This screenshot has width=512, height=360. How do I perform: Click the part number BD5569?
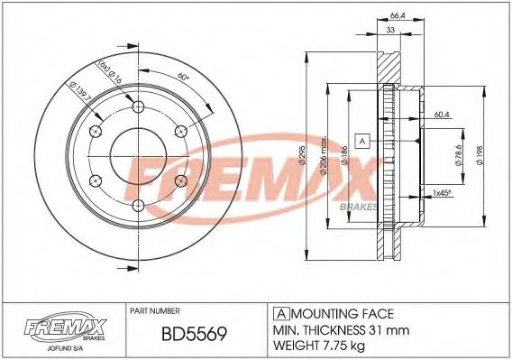pos(193,334)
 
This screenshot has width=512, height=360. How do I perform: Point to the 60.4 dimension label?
pos(441,115)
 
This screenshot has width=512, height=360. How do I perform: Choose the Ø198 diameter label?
pos(492,156)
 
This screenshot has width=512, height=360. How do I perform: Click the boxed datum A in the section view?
pos(362,142)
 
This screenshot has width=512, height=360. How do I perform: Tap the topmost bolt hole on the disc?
pos(138,109)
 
